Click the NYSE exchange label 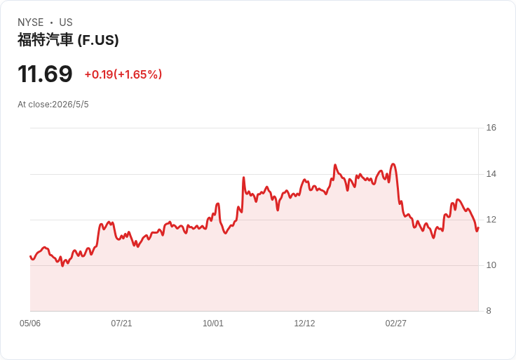[31, 22]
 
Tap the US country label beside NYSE [66, 22]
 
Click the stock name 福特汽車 [45, 40]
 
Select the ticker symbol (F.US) [98, 40]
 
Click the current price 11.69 [45, 74]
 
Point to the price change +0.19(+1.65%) [123, 74]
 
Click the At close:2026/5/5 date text [53, 105]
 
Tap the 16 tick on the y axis [491, 128]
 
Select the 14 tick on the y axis [491, 174]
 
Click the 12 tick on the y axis [491, 220]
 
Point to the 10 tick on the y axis [491, 265]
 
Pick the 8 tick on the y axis [489, 311]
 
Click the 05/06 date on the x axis [30, 324]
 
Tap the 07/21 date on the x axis [121, 324]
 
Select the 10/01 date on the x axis [213, 324]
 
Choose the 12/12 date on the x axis [304, 324]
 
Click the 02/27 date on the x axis [396, 324]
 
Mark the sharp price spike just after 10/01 [243, 178]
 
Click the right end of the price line [478, 227]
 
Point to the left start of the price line [30, 256]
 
